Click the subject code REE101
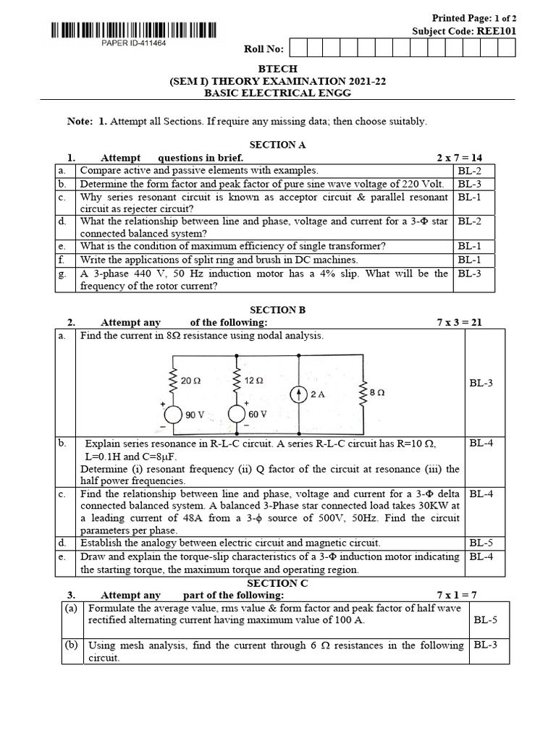[x=495, y=31]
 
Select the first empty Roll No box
[x=297, y=48]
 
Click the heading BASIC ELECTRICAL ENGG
[x=277, y=93]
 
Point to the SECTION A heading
[x=277, y=145]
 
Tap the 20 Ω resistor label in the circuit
[x=191, y=380]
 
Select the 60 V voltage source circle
[x=237, y=414]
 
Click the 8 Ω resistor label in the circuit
[x=376, y=391]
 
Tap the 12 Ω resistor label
[x=253, y=380]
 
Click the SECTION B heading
[x=277, y=310]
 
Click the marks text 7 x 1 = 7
[x=461, y=595]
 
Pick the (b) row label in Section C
[x=71, y=645]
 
